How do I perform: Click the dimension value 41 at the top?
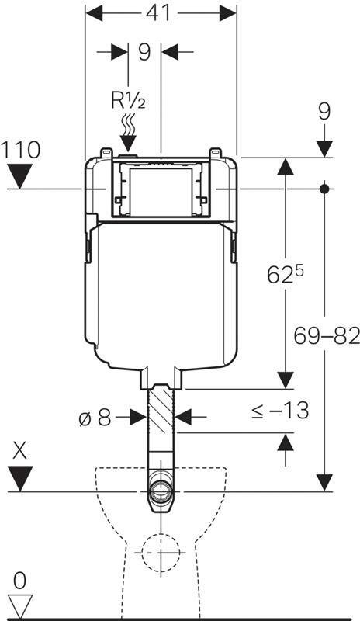pyautogui.click(x=158, y=13)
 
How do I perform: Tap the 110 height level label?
pyautogui.click(x=20, y=150)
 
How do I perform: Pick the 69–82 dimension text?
pyautogui.click(x=327, y=336)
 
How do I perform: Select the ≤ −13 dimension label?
pyautogui.click(x=280, y=410)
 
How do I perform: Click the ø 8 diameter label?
pyautogui.click(x=95, y=418)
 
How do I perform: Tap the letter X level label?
pyautogui.click(x=20, y=451)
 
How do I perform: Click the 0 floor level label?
pyautogui.click(x=19, y=581)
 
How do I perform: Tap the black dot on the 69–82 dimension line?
pyautogui.click(x=324, y=189)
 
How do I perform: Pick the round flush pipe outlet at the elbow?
pyautogui.click(x=161, y=491)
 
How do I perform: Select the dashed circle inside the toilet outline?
pyautogui.click(x=161, y=553)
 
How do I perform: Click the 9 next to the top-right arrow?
pyautogui.click(x=324, y=112)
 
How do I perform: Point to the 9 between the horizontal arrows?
pyautogui.click(x=144, y=52)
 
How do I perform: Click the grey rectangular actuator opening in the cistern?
pyautogui.click(x=161, y=192)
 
